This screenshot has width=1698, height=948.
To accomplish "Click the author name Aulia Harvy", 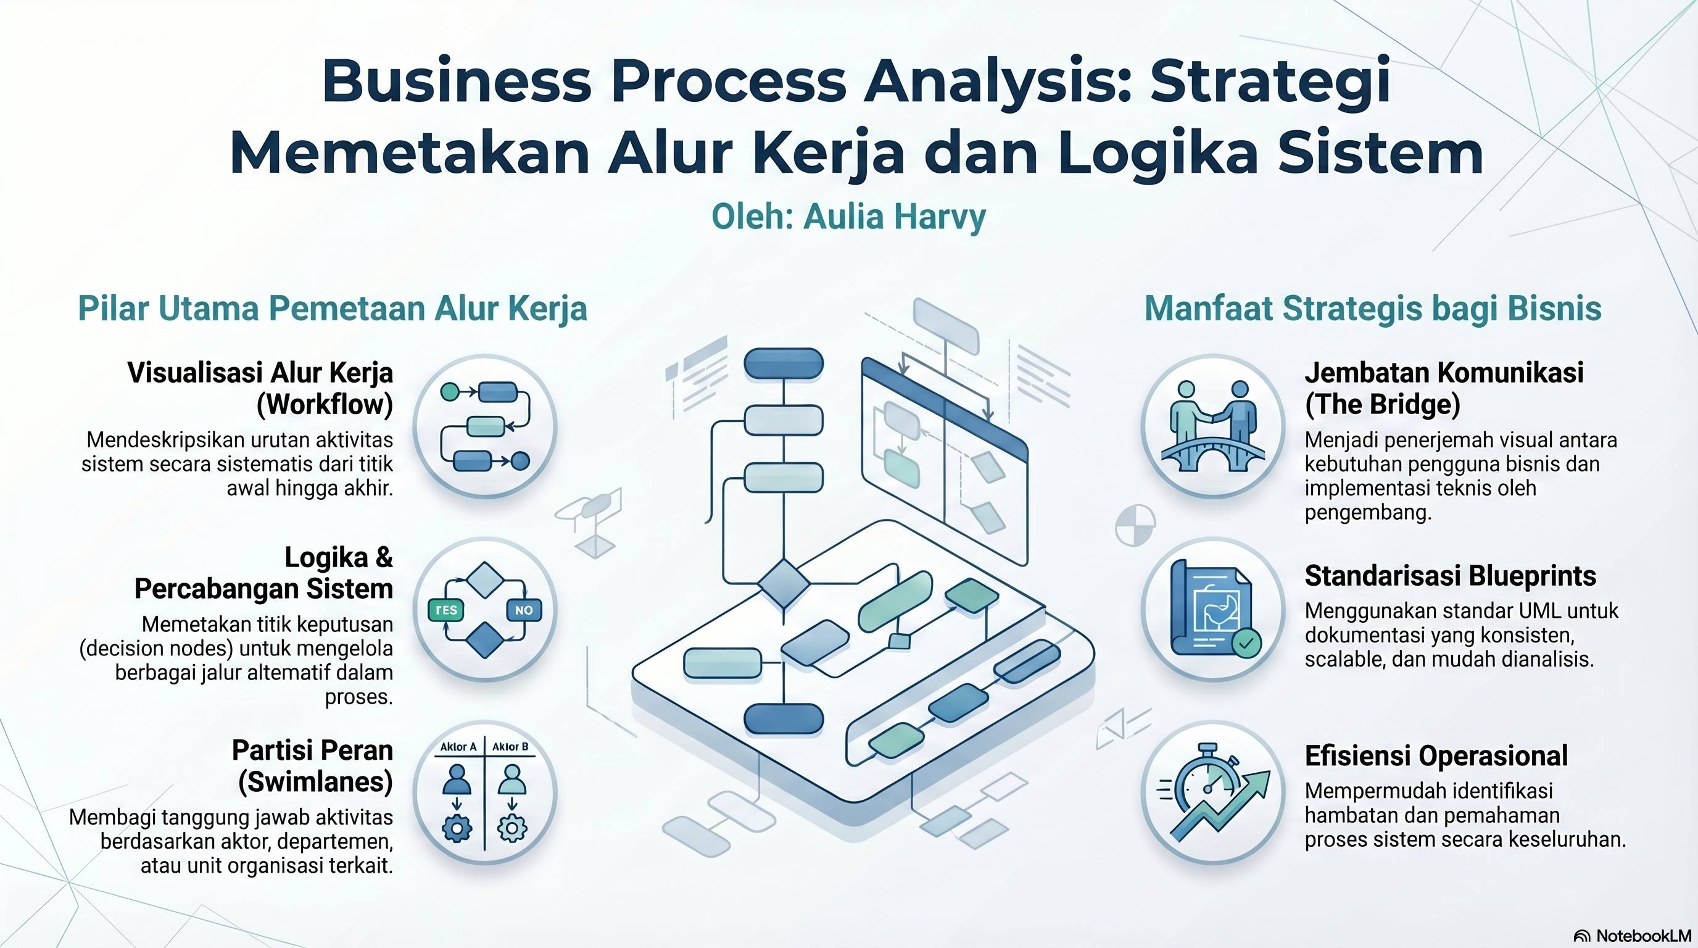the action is [895, 217].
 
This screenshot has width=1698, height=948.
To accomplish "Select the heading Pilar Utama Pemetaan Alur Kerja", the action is [332, 309].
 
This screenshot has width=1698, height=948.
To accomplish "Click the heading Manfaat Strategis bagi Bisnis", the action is [1373, 309].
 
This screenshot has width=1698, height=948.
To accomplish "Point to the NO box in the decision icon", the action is [524, 610].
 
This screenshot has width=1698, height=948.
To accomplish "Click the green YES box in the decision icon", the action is [446, 610].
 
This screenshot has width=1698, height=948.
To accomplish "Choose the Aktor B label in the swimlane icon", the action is [510, 747].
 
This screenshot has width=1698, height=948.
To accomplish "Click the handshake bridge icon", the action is [1213, 426].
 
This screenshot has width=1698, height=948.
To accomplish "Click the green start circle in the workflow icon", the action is [449, 391].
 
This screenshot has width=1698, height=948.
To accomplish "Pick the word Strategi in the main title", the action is [1271, 81].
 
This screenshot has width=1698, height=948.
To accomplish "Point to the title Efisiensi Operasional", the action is [1436, 755].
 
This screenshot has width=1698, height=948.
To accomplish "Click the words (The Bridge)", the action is [1382, 404].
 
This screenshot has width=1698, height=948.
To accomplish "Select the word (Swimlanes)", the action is [315, 782].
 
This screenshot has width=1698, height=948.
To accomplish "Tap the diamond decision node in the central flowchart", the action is [784, 583].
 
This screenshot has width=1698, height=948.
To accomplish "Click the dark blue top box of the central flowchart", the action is [784, 364].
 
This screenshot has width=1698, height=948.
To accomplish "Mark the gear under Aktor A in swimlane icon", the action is [457, 828].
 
